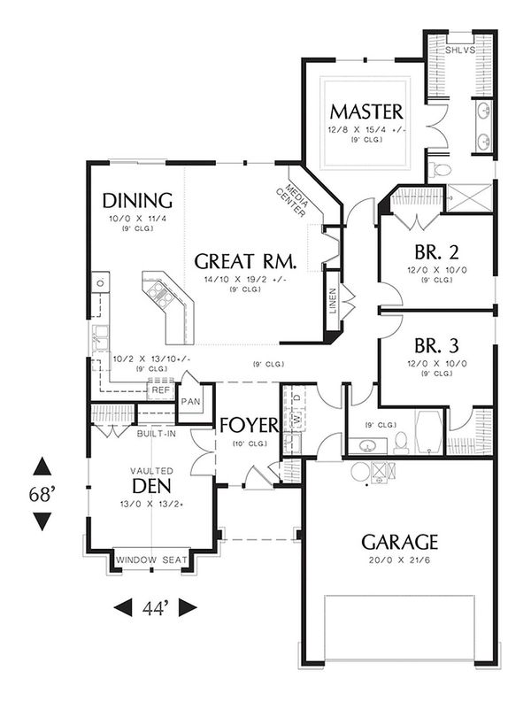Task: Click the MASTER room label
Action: pos(366,112)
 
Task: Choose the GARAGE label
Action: pos(399,541)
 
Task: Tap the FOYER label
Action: pos(250,423)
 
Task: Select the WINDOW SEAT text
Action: pos(152,559)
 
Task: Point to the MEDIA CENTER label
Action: pos(296,201)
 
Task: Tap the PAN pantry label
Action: pos(192,401)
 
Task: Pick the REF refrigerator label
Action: pos(160,390)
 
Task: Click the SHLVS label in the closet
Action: pos(459,50)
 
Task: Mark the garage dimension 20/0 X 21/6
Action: pos(399,560)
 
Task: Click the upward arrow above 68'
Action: pos(42,467)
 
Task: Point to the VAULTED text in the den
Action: pos(152,470)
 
